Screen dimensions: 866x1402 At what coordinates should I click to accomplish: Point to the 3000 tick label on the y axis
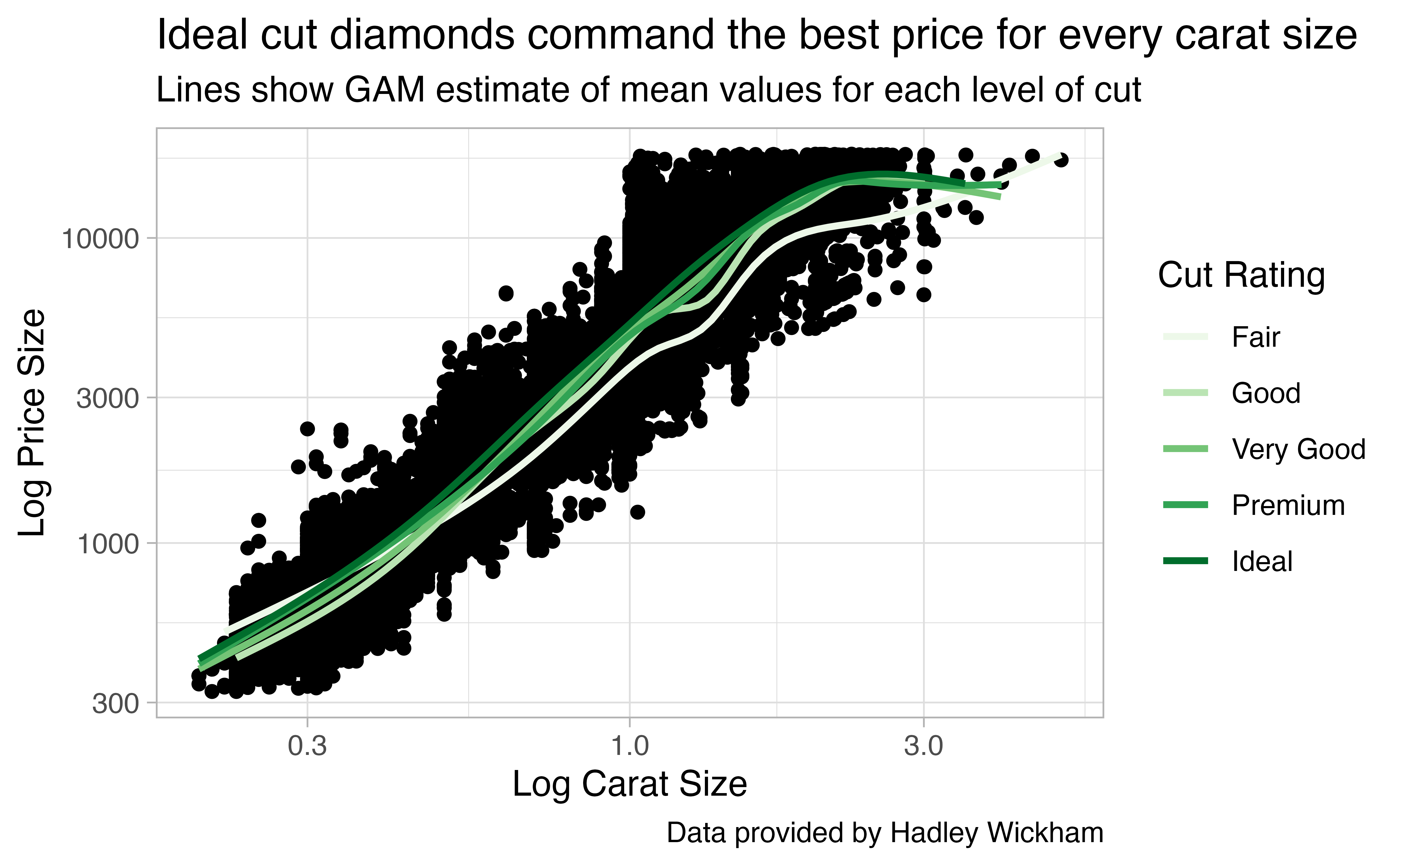[108, 398]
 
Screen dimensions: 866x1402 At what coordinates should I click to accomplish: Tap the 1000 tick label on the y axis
[108, 543]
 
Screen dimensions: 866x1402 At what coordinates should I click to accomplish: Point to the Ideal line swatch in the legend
[1185, 561]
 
